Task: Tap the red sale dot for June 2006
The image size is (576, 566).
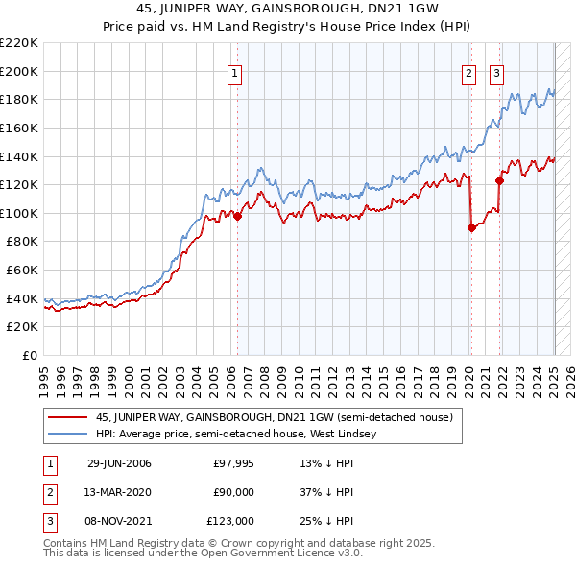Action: [x=237, y=216]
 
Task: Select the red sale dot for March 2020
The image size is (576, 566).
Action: [x=471, y=227]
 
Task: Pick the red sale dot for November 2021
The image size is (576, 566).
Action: [x=500, y=180]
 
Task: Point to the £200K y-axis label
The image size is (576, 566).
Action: [x=20, y=71]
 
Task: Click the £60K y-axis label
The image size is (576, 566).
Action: [x=24, y=271]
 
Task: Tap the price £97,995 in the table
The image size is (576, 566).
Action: [x=233, y=464]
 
